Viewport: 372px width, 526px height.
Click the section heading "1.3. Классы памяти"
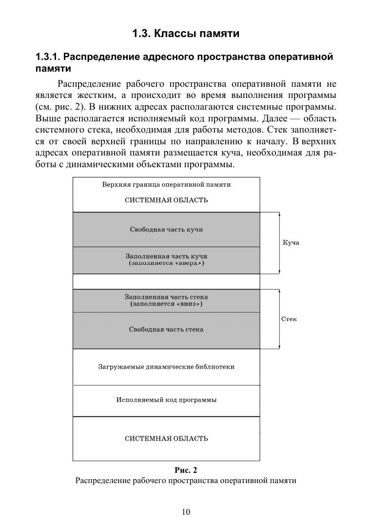(x=186, y=34)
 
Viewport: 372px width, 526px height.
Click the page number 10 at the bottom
(x=186, y=511)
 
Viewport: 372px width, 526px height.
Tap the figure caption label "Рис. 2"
(x=186, y=470)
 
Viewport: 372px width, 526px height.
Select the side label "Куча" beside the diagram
(x=291, y=243)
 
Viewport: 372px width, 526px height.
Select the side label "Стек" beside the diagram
(x=289, y=319)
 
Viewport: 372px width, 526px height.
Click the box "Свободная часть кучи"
(x=166, y=229)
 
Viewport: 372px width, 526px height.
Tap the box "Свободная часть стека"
(x=166, y=330)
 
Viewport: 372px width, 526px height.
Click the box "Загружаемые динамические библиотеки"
(x=166, y=367)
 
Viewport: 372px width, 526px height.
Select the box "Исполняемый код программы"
(x=166, y=400)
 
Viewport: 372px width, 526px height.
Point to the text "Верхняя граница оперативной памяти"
(x=166, y=185)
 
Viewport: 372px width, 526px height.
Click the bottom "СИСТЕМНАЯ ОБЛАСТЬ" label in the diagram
(x=166, y=438)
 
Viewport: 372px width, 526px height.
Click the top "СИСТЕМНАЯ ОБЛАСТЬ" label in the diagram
(x=166, y=200)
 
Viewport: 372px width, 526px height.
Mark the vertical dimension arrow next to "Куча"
(x=279, y=243)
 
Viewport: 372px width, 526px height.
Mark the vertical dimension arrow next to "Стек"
(x=279, y=319)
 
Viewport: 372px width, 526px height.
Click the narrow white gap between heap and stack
(x=166, y=281)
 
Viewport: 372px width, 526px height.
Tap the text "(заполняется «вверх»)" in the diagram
(x=166, y=263)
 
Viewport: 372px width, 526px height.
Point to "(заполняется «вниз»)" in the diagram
(x=166, y=304)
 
